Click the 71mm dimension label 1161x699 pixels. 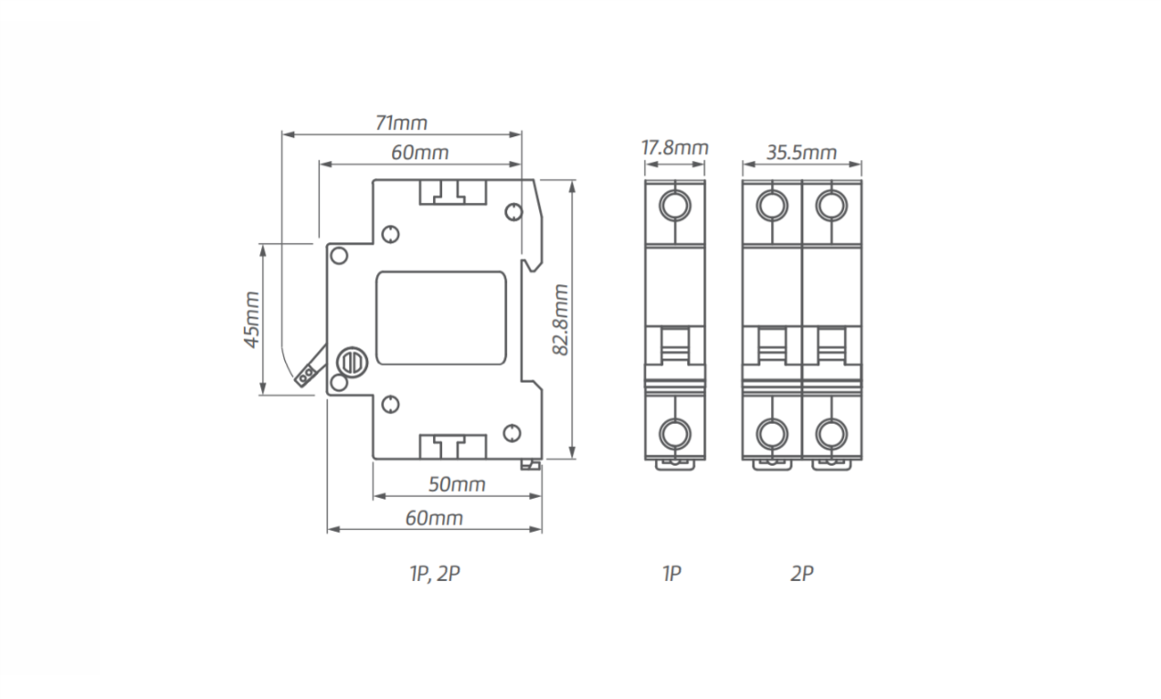click(401, 122)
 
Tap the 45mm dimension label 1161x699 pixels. click(251, 319)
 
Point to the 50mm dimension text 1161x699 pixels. click(457, 484)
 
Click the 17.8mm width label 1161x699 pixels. click(674, 147)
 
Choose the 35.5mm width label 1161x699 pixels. click(801, 152)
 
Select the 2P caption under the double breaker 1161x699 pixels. click(801, 574)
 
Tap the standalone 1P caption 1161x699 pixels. click(671, 574)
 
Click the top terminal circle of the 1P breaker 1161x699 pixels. click(675, 205)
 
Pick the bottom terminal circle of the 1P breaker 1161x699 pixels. click(675, 431)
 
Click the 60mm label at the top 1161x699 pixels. click(420, 153)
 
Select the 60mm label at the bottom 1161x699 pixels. click(434, 518)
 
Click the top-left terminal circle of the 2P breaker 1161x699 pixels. click(773, 205)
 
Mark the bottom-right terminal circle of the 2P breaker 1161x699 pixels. click(830, 431)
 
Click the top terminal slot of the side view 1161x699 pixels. click(453, 191)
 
